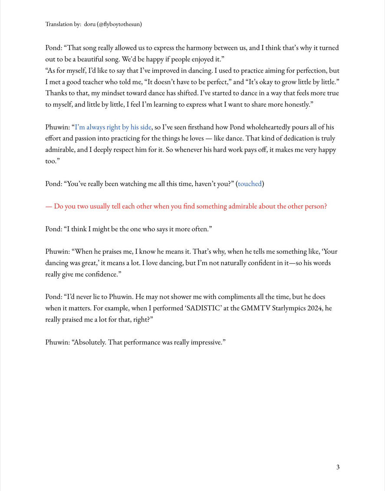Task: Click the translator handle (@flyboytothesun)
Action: click(119, 24)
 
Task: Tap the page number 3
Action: click(338, 467)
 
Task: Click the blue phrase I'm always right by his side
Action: click(113, 127)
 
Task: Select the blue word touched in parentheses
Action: click(250, 183)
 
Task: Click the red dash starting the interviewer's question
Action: click(49, 206)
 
